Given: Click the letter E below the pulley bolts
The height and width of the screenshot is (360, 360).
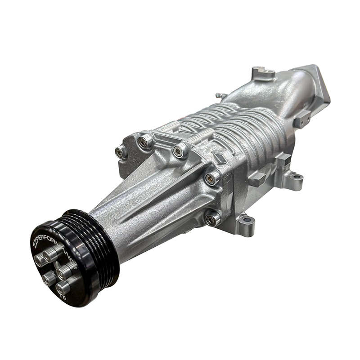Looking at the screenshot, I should point(63,298).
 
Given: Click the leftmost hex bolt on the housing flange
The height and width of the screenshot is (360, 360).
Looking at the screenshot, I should point(121,152).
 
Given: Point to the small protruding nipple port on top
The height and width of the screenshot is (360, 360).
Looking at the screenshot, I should point(220,96).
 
